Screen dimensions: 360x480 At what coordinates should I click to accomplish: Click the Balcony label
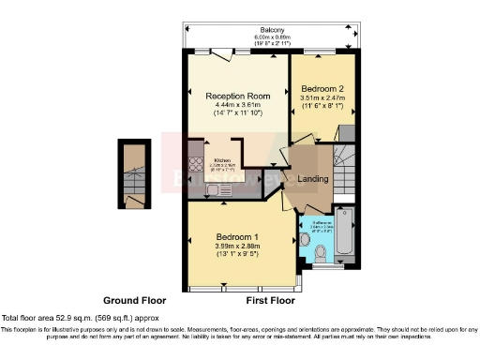point(271,29)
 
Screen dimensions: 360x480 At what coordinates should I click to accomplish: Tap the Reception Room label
point(238,95)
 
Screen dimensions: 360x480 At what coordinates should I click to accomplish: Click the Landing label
point(312,178)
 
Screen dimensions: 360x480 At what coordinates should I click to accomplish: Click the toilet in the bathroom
point(320,250)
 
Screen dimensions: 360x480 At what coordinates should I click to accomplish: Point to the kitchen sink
point(215,190)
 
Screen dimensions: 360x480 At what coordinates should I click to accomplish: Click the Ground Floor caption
point(134,302)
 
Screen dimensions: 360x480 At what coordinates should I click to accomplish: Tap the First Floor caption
point(270,302)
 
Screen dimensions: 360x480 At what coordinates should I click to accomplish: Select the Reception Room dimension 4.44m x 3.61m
point(238,104)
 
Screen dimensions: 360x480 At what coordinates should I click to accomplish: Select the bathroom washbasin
point(306,240)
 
